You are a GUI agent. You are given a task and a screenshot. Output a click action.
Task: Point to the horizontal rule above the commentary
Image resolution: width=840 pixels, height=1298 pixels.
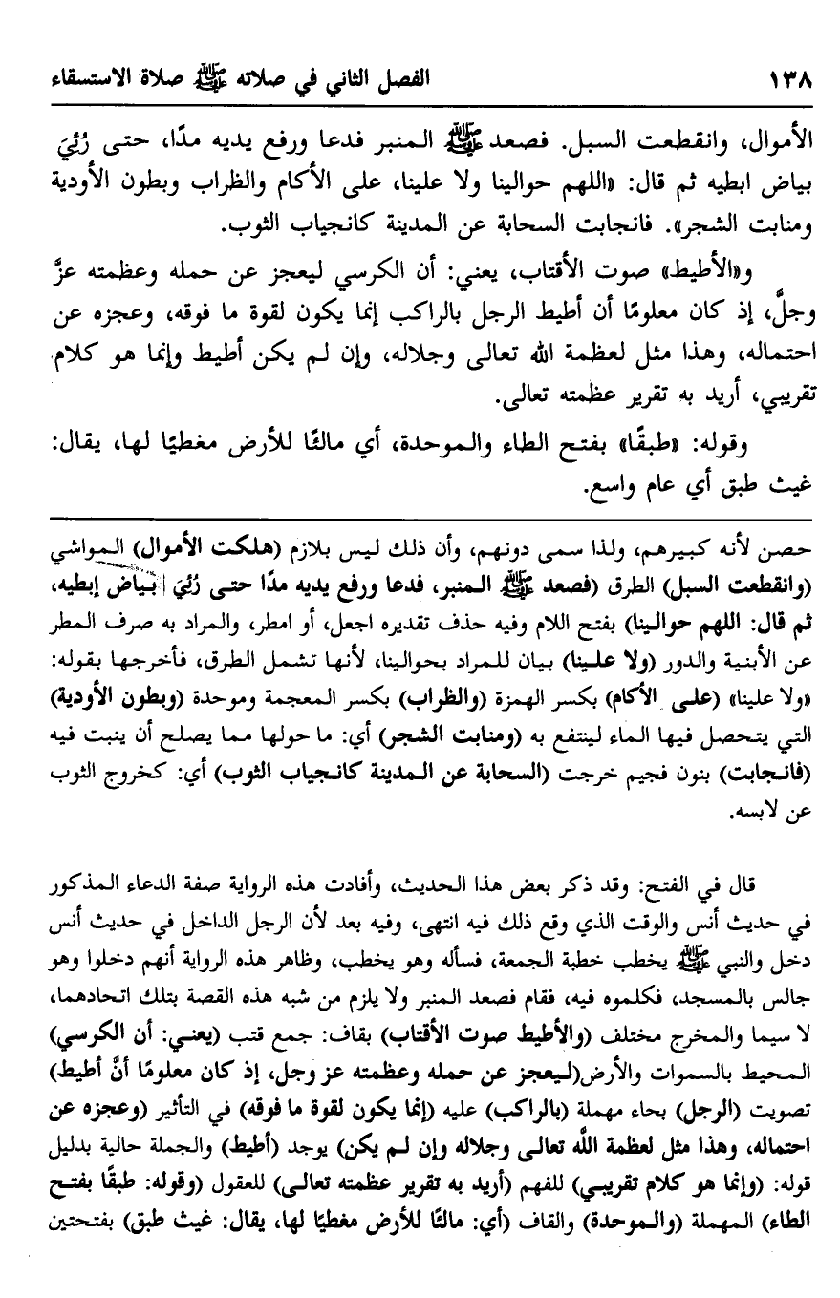pos(420,520)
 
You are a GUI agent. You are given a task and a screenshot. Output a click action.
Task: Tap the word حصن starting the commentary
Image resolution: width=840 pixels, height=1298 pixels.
pos(794,553)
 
